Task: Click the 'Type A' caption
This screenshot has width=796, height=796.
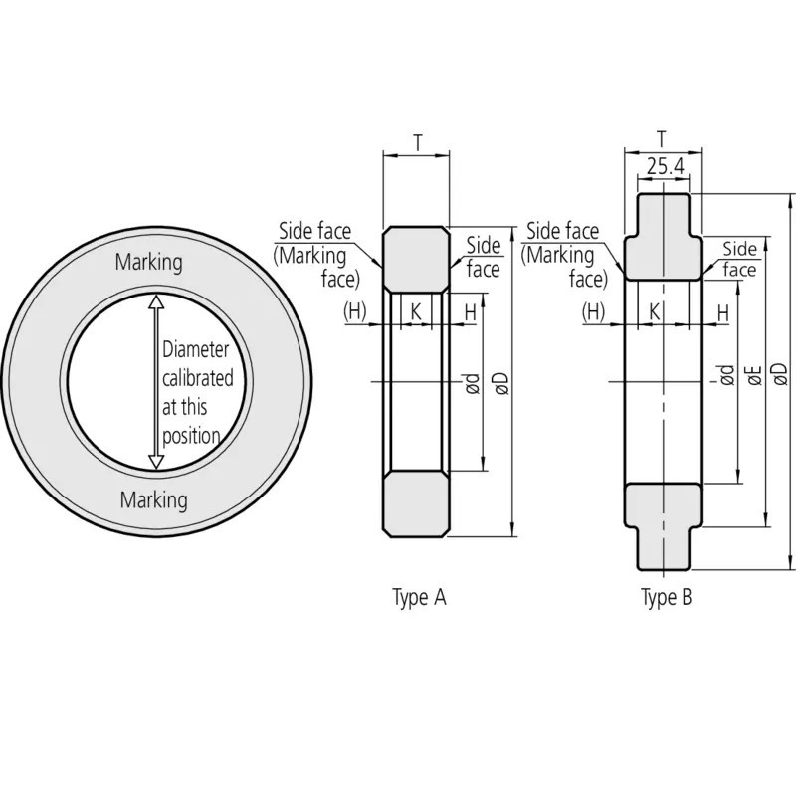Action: pos(419,598)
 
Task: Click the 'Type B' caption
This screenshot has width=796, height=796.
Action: pos(666,598)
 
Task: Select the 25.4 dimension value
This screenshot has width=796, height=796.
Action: pos(664,167)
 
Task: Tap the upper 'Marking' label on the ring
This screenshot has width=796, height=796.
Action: pos(149,263)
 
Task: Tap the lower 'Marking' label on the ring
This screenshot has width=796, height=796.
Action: pos(153,499)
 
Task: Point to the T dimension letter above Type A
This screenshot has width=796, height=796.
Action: pos(416,142)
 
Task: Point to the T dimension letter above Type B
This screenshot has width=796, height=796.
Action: pos(663,137)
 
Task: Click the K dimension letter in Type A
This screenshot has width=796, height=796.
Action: pos(416,312)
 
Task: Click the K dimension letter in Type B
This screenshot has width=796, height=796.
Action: pos(655,312)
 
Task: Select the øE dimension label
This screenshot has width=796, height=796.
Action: pos(753,375)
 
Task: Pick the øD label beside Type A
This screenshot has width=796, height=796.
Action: pos(500,382)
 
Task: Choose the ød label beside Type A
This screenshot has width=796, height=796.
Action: pos(473,382)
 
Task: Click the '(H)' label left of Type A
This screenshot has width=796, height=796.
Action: pos(355,312)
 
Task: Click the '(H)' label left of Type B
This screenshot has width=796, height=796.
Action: pos(594,312)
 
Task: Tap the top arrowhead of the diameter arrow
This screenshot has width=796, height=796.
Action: pos(154,299)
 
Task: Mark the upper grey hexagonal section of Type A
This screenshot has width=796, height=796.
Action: pos(416,259)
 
